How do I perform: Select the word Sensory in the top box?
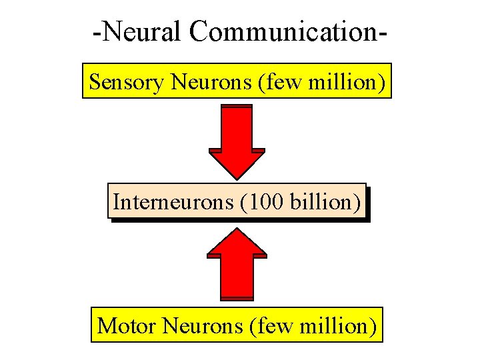pyautogui.click(x=127, y=82)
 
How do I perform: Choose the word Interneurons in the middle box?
pyautogui.click(x=172, y=201)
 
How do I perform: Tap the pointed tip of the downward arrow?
pyautogui.click(x=237, y=178)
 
